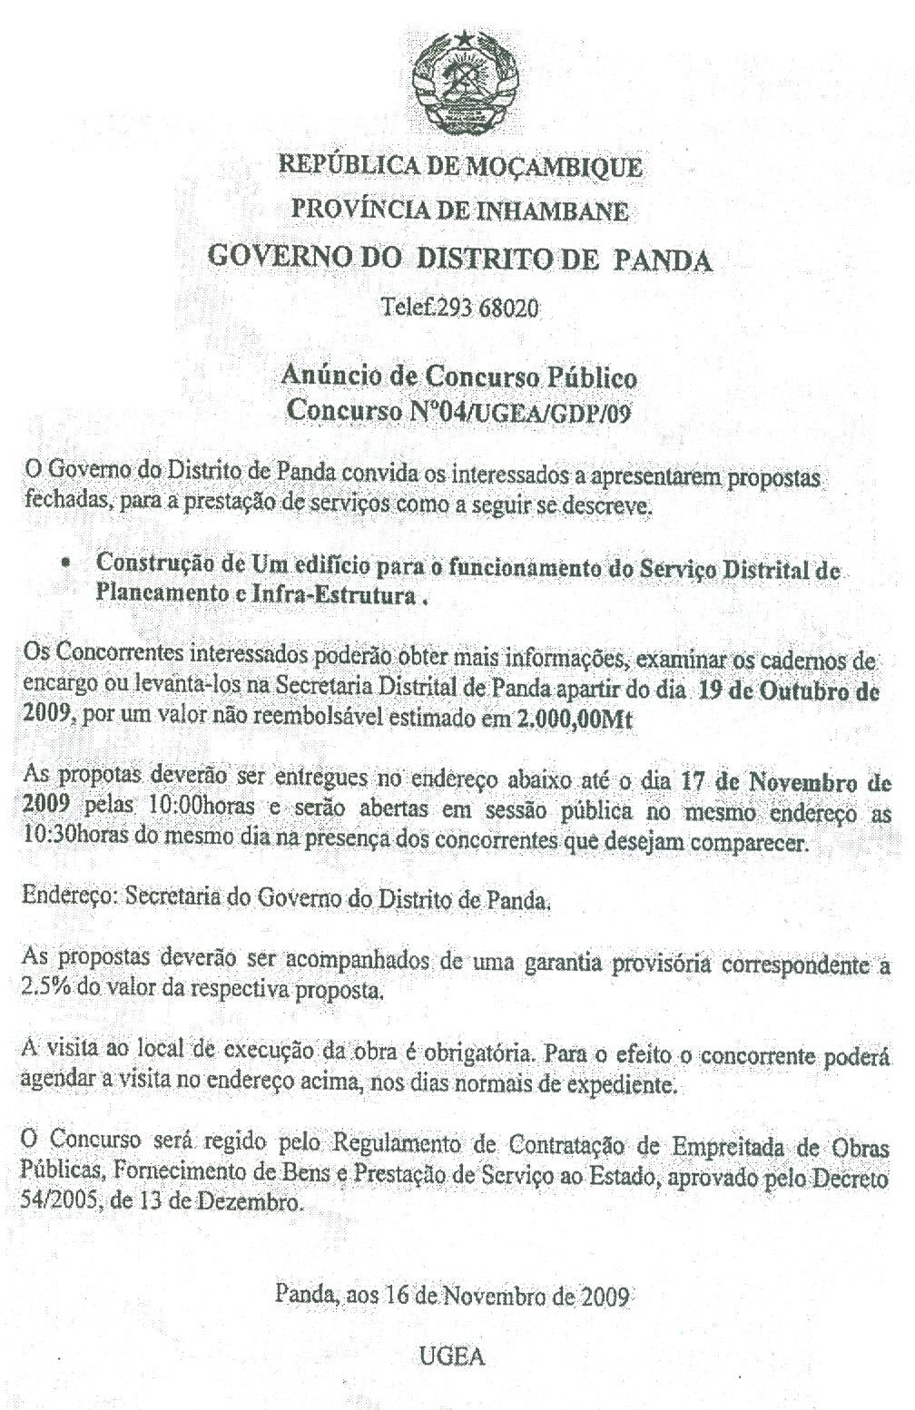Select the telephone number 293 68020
point(487,308)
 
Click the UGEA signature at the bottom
point(453,1357)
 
